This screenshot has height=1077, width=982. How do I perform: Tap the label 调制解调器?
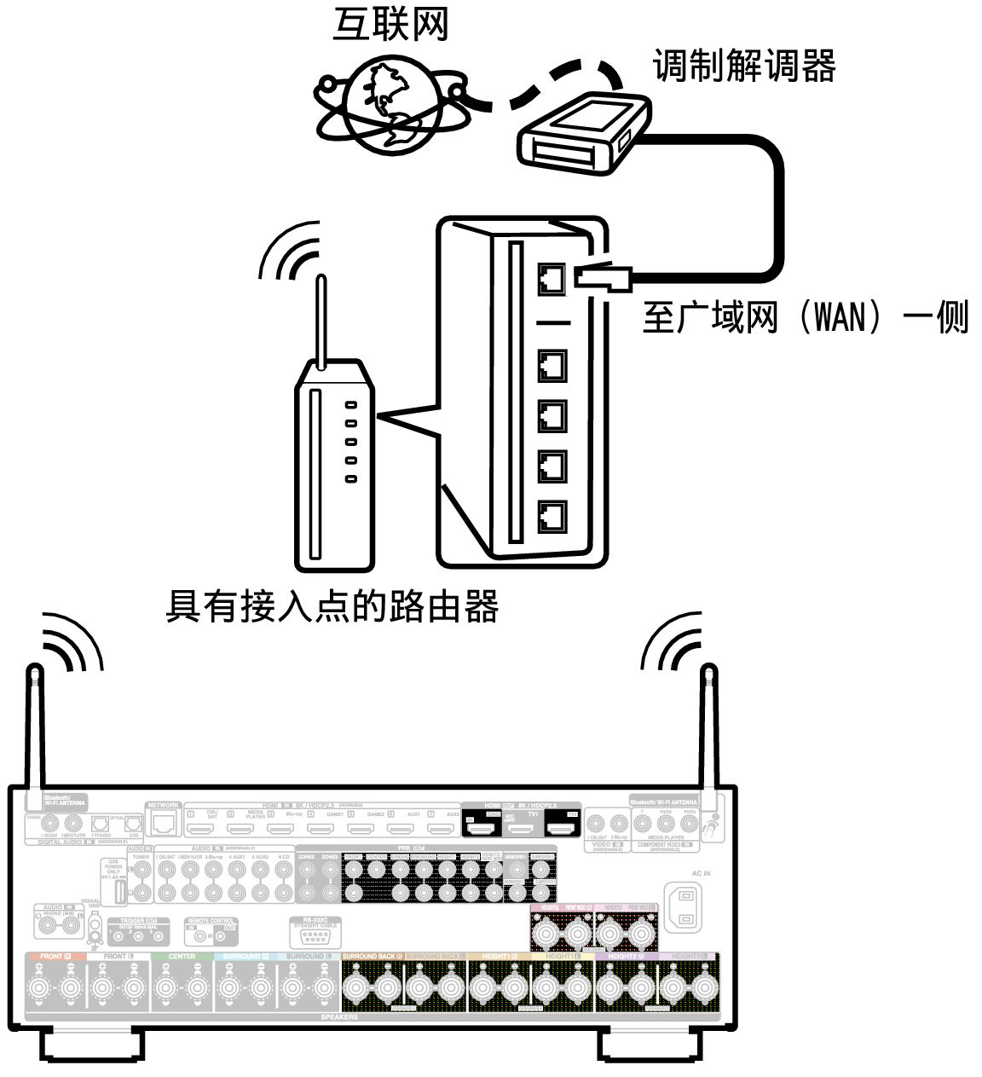(x=743, y=66)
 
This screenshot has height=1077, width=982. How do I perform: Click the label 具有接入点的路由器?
(x=332, y=607)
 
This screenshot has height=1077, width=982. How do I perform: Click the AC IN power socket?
(x=687, y=905)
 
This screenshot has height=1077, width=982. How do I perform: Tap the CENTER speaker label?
(x=182, y=957)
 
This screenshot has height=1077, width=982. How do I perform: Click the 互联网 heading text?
(x=390, y=26)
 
